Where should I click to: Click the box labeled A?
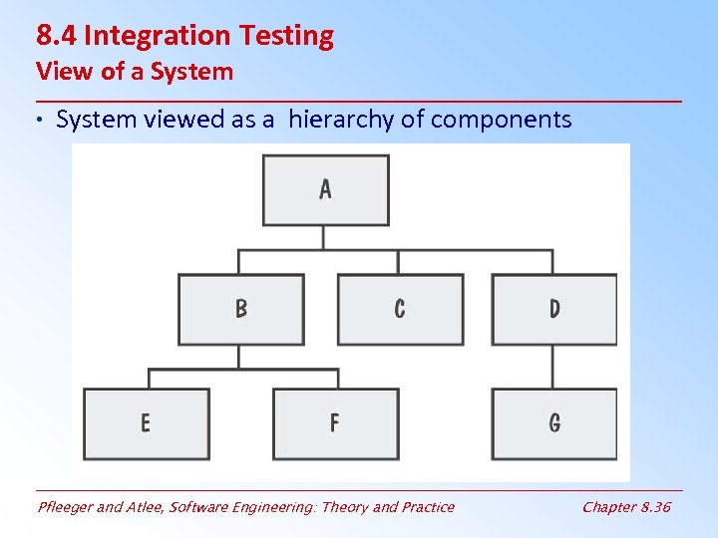click(x=325, y=189)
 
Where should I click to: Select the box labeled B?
click(x=240, y=309)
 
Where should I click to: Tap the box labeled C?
click(x=400, y=309)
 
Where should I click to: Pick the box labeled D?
click(x=554, y=309)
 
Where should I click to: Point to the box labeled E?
click(x=146, y=423)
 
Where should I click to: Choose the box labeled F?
click(x=335, y=423)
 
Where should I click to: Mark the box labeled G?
click(x=554, y=423)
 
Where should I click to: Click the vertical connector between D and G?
click(x=554, y=366)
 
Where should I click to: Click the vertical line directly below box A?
click(x=324, y=237)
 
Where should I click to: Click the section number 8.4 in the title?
click(x=57, y=36)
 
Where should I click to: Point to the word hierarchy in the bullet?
click(x=340, y=121)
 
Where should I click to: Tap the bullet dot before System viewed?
click(x=43, y=122)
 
